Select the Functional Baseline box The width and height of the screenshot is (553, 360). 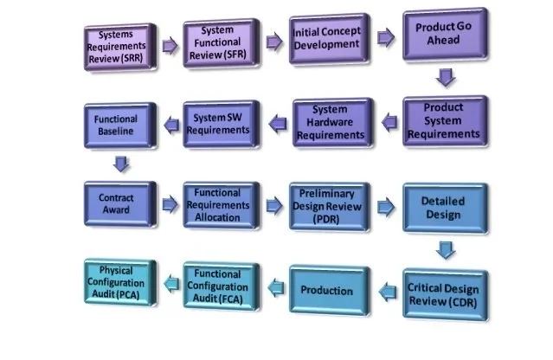point(119,127)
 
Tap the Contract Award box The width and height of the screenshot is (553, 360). point(119,204)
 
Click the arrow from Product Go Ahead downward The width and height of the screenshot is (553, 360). point(446,78)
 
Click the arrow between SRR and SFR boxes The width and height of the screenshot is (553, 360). point(169,43)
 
